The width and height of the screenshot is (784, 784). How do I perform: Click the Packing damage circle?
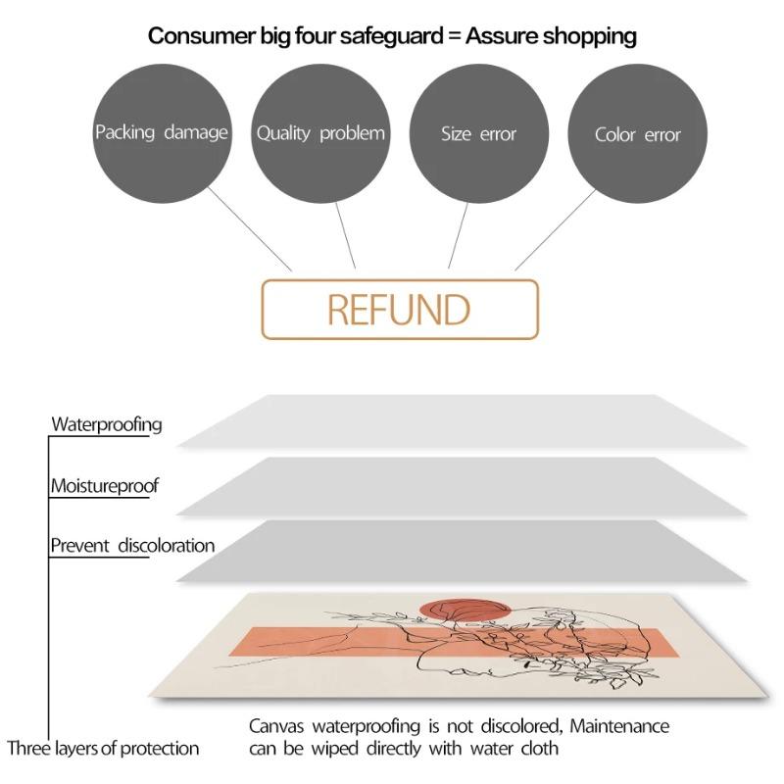pyautogui.click(x=162, y=133)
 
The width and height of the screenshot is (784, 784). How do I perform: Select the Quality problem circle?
pyautogui.click(x=320, y=133)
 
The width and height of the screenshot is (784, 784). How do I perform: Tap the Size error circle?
pyautogui.click(x=479, y=133)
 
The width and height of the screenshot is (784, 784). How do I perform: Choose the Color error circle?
pyautogui.click(x=638, y=133)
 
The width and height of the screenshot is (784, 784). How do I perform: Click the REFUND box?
pyautogui.click(x=400, y=310)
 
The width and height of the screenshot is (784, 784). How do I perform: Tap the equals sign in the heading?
pyautogui.click(x=454, y=36)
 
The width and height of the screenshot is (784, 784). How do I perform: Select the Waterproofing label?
pyautogui.click(x=107, y=425)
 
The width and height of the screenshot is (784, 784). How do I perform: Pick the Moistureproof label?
pyautogui.click(x=105, y=486)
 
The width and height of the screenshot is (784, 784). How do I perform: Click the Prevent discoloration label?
pyautogui.click(x=132, y=546)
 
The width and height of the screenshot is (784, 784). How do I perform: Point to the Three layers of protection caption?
pyautogui.click(x=103, y=749)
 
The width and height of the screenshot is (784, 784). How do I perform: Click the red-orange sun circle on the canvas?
pyautogui.click(x=465, y=610)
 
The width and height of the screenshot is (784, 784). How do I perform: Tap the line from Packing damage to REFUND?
pyautogui.click(x=250, y=229)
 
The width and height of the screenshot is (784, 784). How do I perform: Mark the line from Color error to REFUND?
pyautogui.click(x=556, y=229)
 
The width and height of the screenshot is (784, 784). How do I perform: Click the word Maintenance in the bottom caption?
pyautogui.click(x=619, y=726)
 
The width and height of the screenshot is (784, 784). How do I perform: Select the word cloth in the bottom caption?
pyautogui.click(x=540, y=749)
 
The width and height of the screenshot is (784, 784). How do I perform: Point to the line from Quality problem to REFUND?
pyautogui.click(x=346, y=235)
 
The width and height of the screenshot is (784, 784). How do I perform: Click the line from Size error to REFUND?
pyautogui.click(x=458, y=235)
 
